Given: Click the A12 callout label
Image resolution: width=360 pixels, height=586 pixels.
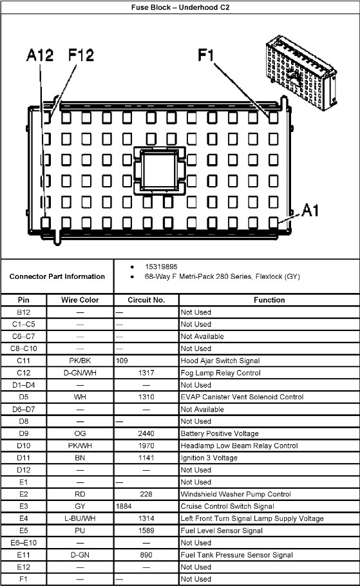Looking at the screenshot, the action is pyautogui.click(x=40, y=55).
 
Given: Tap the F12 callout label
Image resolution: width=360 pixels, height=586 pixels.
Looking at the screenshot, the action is pyautogui.click(x=81, y=55).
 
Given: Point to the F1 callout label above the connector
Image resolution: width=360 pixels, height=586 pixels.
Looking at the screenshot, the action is pyautogui.click(x=205, y=55).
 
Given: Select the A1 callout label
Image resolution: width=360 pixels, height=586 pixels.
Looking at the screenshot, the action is pyautogui.click(x=310, y=210).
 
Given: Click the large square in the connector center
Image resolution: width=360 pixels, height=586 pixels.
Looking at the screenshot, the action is pyautogui.click(x=160, y=171).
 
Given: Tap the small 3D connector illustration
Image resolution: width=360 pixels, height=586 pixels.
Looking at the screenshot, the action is pyautogui.click(x=301, y=73).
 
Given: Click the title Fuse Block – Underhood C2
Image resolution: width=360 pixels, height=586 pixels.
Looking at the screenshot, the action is pyautogui.click(x=180, y=7).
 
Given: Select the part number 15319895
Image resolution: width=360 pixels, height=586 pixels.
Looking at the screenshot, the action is pyautogui.click(x=161, y=267).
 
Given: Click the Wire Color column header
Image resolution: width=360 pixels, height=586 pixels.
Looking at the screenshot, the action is pyautogui.click(x=80, y=299).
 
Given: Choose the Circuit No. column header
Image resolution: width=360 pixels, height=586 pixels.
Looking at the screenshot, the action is pyautogui.click(x=146, y=299).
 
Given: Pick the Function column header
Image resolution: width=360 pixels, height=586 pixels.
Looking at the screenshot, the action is pyautogui.click(x=269, y=299).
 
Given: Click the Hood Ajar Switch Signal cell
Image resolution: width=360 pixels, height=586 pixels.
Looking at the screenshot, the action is pyautogui.click(x=220, y=361).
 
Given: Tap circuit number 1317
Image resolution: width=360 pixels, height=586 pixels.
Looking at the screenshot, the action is pyautogui.click(x=146, y=373).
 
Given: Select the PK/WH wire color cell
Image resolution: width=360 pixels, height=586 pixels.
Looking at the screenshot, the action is pyautogui.click(x=80, y=446).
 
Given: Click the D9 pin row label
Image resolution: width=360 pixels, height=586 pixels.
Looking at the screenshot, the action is pyautogui.click(x=24, y=433).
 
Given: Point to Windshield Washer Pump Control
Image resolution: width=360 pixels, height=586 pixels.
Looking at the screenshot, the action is pyautogui.click(x=236, y=494).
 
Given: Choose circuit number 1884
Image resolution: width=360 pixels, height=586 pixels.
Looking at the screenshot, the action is pyautogui.click(x=124, y=506).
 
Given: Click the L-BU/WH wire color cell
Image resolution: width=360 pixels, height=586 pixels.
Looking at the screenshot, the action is pyautogui.click(x=80, y=518).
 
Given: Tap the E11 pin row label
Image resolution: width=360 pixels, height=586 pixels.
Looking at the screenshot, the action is pyautogui.click(x=24, y=555).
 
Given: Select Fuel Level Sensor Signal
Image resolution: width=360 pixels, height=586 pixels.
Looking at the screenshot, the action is pyautogui.click(x=222, y=531).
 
